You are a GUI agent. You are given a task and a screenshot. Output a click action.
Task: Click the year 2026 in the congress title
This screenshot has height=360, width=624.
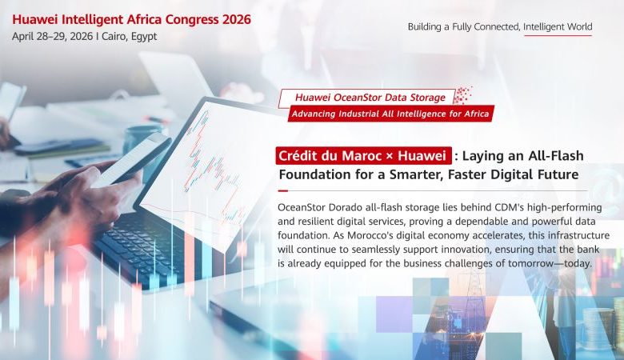[231, 19]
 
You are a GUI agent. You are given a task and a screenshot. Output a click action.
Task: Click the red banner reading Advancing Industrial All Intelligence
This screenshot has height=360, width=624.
[391, 114]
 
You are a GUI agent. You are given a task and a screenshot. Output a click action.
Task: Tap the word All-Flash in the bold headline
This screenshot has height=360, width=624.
[560, 155]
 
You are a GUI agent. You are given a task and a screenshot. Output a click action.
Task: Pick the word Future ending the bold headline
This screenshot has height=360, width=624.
[555, 174]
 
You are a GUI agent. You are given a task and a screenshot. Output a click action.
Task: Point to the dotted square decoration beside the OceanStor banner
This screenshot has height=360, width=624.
[463, 95]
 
